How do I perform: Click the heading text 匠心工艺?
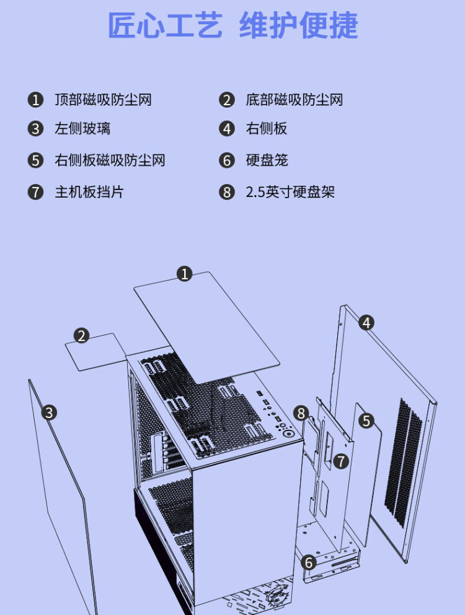tap(165, 26)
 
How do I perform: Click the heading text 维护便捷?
tap(298, 26)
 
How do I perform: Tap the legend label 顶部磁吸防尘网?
tap(103, 100)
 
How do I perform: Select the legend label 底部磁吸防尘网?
tap(294, 100)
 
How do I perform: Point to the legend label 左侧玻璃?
tap(82, 129)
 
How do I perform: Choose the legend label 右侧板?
tap(267, 129)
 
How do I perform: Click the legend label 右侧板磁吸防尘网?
tap(110, 160)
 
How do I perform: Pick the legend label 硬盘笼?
tap(267, 160)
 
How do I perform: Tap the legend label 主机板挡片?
tap(89, 191)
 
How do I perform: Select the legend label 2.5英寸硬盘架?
tap(290, 191)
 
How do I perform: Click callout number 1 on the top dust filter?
tap(184, 273)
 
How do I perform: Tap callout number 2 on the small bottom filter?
tap(81, 336)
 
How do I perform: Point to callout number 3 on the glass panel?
tap(50, 412)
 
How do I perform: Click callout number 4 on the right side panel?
tap(366, 322)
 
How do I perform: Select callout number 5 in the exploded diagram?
tap(366, 421)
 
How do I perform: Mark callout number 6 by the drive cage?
tap(308, 562)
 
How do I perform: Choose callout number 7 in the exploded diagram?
tap(340, 461)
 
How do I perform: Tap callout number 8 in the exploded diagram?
tap(301, 412)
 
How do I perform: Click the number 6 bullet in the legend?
tap(228, 161)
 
